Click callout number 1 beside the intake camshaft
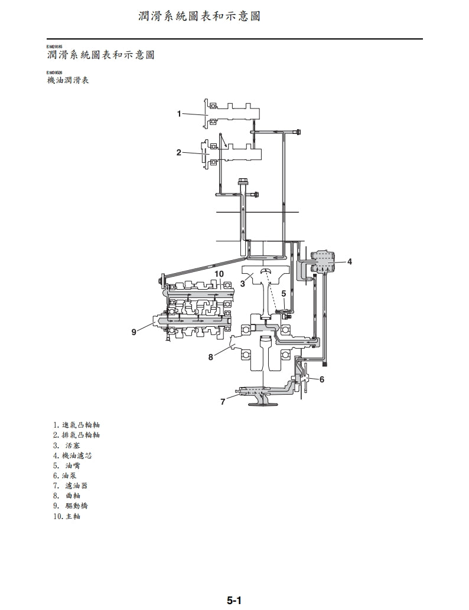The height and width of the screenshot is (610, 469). point(179,113)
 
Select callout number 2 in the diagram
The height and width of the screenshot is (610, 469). point(178,152)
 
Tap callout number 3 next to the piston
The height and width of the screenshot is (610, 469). point(242,284)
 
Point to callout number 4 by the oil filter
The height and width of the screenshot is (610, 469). point(350,261)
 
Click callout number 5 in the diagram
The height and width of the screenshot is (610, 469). point(284,293)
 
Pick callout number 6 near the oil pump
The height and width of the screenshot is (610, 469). point(322,379)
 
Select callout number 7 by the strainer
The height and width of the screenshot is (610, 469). point(223,402)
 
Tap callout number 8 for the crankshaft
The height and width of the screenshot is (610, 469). point(210,356)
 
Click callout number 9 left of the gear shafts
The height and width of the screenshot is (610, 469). point(134,332)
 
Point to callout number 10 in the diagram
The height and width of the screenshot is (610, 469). point(219,274)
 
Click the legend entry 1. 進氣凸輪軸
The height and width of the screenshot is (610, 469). point(76,424)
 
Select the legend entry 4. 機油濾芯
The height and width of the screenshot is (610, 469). point(72,455)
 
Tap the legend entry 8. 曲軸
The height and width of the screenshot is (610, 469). point(70,496)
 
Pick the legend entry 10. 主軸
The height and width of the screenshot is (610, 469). point(66,516)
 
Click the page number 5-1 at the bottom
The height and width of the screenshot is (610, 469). point(234,601)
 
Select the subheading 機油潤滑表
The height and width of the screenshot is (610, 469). point(68,80)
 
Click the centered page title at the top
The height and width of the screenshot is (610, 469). point(199,16)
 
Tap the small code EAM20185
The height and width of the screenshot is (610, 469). point(54,47)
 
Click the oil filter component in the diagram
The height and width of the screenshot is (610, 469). point(323,261)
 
